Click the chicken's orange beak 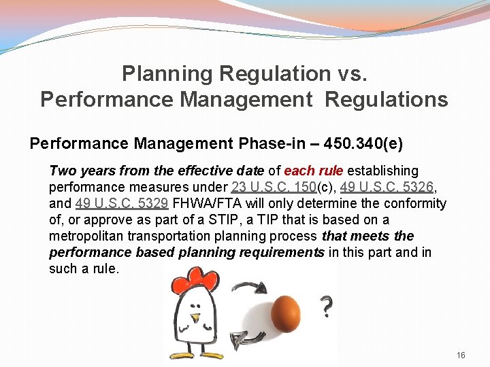[x=196, y=317]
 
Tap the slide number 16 [x=461, y=355]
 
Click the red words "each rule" [x=314, y=171]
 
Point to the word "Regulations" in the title [x=386, y=99]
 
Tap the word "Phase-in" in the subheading [x=267, y=144]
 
